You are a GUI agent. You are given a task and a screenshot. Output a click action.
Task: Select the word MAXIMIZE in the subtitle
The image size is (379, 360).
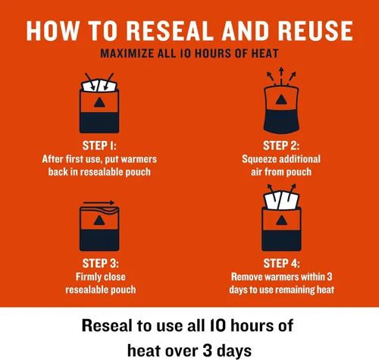127,54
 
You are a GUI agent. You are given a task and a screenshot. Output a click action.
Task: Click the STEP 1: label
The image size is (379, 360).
99,146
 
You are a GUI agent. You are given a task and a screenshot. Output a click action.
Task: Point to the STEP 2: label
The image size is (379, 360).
281,146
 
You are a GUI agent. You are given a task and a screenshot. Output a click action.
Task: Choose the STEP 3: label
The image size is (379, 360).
100,263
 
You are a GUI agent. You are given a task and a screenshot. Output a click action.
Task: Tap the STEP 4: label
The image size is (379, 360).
281,263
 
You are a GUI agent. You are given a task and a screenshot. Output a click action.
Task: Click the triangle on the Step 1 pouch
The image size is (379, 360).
99,102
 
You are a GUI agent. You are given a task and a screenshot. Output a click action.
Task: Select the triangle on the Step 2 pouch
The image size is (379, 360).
281,99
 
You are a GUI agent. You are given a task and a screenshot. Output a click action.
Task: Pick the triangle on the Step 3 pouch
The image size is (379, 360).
99,221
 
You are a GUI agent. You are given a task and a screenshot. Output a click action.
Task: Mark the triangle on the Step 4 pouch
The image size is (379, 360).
281,221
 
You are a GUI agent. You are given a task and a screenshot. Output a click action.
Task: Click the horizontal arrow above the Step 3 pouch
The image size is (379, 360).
99,202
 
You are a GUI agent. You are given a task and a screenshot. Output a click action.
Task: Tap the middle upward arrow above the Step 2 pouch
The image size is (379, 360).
281,76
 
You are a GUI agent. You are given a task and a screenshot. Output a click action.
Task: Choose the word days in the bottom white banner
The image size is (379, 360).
234,352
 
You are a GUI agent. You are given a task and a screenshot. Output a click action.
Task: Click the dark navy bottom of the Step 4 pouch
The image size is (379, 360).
281,240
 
